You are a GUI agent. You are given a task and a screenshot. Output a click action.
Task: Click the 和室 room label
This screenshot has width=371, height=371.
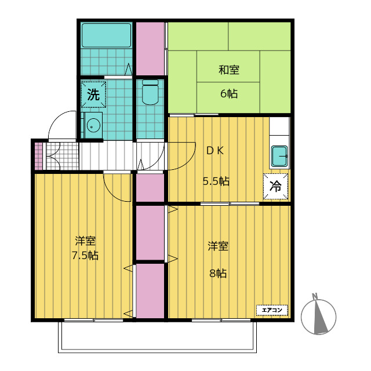229,71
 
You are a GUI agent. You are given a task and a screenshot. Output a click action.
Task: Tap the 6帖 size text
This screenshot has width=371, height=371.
229,93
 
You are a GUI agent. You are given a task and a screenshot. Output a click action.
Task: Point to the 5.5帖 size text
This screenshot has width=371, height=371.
216,181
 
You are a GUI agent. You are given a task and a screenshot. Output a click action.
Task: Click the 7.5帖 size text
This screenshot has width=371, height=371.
85,255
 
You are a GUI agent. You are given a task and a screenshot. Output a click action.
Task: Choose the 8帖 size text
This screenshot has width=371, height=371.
218,273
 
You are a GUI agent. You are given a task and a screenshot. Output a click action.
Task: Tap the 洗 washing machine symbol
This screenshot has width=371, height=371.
93,94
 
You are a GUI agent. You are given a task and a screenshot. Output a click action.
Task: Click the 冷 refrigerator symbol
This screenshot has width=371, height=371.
275,186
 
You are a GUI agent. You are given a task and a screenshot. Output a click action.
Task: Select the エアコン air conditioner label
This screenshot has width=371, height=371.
272,310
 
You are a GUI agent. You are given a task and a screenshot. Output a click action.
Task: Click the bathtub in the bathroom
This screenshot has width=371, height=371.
106,36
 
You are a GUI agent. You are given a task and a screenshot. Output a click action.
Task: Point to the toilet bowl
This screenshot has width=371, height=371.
150,93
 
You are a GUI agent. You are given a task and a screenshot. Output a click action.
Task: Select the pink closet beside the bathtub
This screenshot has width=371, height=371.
150,48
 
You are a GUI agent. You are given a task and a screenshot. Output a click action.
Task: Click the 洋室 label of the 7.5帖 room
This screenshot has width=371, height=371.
85,240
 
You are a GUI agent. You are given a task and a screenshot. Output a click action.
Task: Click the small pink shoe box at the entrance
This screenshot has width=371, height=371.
38,155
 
